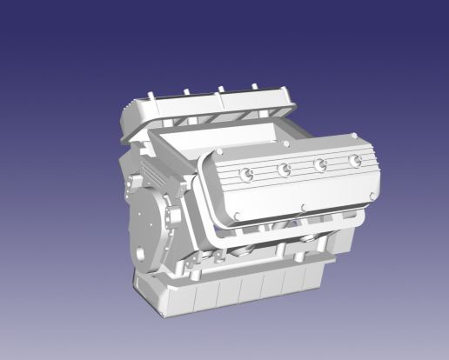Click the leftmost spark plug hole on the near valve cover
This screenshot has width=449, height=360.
coord(247,175)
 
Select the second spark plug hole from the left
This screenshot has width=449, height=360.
coord(284,170)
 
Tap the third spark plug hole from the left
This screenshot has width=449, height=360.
coord(320,164)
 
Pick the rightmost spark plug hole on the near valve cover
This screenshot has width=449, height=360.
coord(354,161)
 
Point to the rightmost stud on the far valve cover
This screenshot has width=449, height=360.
coord(255,86)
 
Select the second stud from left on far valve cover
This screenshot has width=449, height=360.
coord(187,90)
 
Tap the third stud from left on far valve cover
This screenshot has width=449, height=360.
coord(222,88)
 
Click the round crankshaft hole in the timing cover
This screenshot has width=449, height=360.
coord(139,256)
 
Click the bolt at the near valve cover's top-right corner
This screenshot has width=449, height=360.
coord(355,136)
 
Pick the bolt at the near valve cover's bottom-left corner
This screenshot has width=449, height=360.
coord(232,217)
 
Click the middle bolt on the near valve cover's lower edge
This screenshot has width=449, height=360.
coord(301,207)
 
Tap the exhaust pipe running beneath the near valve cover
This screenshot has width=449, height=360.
coord(261,235)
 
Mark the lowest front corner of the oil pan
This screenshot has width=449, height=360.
coord(161,309)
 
